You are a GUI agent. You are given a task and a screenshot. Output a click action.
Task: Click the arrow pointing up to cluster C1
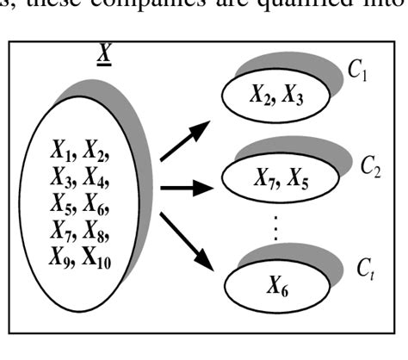pyautogui.click(x=185, y=143)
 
